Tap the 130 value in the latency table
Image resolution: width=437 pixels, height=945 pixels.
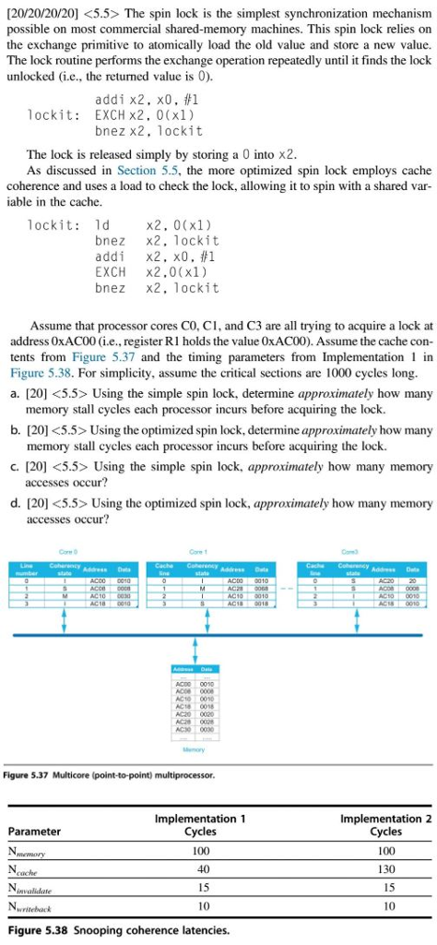click(x=385, y=868)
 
